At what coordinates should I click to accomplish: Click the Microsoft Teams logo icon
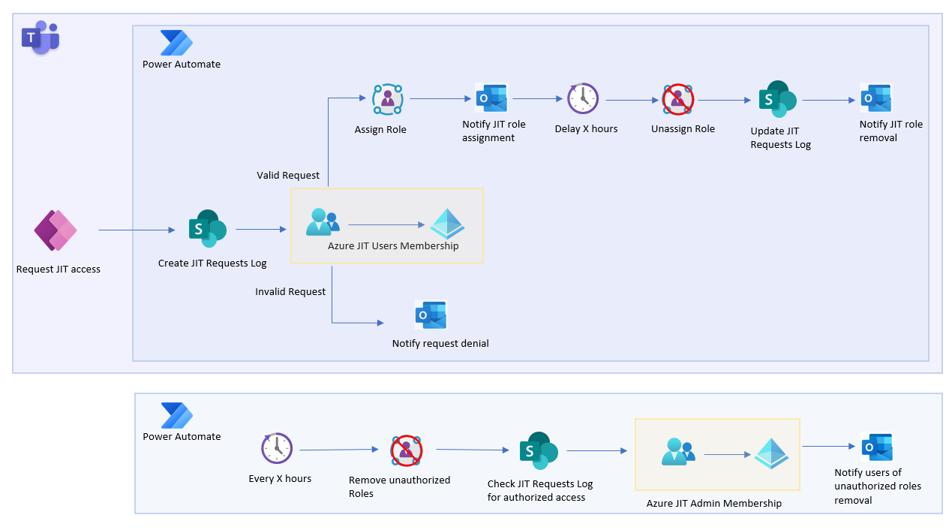point(40,38)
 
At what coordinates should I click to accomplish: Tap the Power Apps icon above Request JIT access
point(56,230)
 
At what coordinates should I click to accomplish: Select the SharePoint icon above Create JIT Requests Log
point(207,228)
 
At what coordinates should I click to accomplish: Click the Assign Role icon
point(387,99)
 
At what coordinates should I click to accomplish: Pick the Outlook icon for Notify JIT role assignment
point(491,98)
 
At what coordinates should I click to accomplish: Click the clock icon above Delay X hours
point(583,98)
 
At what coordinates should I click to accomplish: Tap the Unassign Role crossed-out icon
point(678,99)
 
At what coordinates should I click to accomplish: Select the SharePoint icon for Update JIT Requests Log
point(776,99)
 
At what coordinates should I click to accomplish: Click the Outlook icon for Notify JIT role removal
point(875,98)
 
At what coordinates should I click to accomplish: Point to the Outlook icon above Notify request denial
point(431,315)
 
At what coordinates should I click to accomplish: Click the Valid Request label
point(288,175)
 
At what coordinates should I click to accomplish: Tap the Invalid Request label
point(290,291)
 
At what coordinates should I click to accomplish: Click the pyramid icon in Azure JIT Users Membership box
point(447,224)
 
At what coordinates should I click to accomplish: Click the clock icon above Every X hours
point(277,449)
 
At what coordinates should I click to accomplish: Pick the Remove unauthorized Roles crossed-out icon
point(406,450)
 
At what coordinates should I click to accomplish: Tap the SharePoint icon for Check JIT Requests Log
point(539,450)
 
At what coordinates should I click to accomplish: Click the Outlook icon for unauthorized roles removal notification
point(876,447)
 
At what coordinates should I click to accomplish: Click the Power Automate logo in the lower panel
point(177,416)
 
